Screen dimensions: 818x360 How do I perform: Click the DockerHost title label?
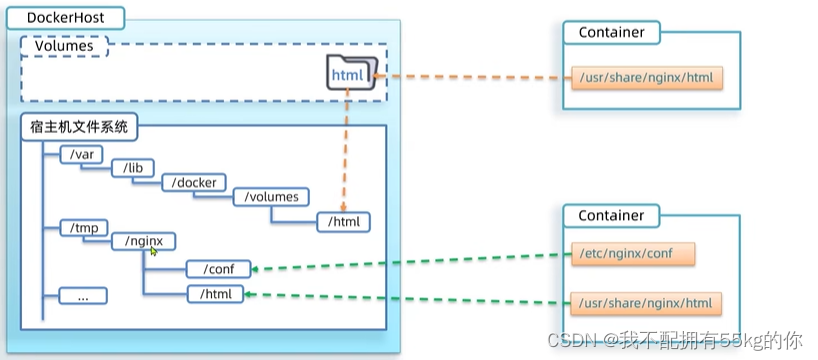tap(65, 18)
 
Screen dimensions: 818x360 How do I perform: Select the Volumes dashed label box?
tap(64, 46)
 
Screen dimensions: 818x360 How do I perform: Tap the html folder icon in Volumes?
tap(352, 73)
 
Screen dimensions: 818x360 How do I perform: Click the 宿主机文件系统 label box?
tap(79, 127)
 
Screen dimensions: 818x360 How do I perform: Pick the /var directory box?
tap(81, 154)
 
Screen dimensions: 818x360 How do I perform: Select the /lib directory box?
tap(134, 168)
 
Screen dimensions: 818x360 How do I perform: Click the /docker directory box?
tap(194, 183)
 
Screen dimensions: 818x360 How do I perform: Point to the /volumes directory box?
tap(271, 197)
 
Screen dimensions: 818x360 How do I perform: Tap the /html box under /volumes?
tap(343, 222)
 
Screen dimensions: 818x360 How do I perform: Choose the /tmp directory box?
tap(83, 228)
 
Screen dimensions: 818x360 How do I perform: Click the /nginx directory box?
tap(143, 241)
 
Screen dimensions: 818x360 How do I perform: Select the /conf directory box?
tap(219, 269)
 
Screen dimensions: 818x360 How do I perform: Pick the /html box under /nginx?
tap(215, 294)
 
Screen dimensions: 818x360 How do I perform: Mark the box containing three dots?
tap(83, 296)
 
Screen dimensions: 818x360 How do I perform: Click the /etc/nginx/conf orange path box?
tap(633, 254)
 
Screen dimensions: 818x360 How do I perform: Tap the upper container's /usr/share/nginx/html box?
tap(646, 78)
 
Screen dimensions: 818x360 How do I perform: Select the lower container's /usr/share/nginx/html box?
tap(646, 303)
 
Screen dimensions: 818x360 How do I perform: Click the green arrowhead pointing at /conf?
tap(256, 269)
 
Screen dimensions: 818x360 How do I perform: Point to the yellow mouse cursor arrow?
tap(154, 251)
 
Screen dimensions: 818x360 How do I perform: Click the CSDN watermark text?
tap(675, 341)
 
